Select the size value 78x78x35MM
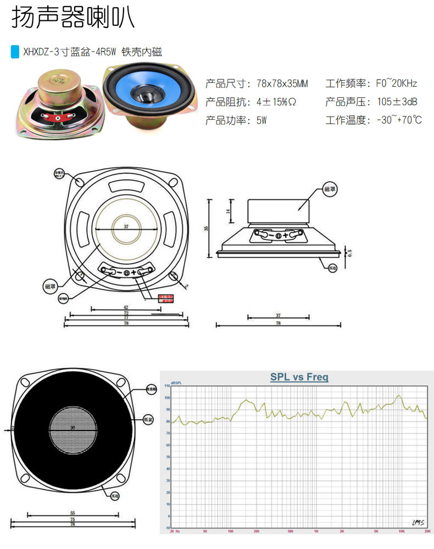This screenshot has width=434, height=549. (x=282, y=84)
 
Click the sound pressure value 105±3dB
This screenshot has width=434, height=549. (x=396, y=102)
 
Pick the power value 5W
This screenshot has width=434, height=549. (x=261, y=120)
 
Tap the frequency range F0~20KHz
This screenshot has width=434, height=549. (x=396, y=84)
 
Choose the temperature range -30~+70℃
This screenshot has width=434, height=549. (x=399, y=120)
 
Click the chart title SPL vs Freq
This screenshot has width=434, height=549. (x=299, y=377)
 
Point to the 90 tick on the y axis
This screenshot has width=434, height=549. (x=167, y=410)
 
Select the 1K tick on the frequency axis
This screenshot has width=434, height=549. (x=316, y=532)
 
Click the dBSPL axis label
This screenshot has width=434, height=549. (x=177, y=383)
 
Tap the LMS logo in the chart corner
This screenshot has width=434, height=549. (x=419, y=522)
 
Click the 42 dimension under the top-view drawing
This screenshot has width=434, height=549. (x=126, y=307)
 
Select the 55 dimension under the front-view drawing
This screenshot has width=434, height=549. (x=73, y=513)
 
